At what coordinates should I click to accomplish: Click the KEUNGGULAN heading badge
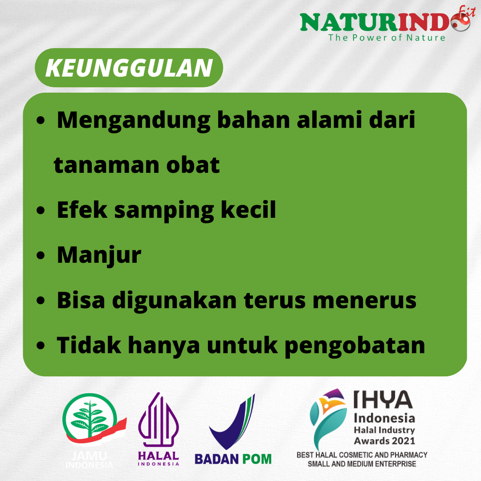click(x=129, y=68)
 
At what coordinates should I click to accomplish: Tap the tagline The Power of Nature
click(x=387, y=38)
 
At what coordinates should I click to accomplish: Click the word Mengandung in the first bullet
click(x=134, y=121)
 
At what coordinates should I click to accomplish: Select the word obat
click(x=193, y=165)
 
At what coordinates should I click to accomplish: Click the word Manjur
click(x=99, y=256)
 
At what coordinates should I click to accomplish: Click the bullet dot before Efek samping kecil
click(x=41, y=210)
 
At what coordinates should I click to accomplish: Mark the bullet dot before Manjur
click(x=41, y=255)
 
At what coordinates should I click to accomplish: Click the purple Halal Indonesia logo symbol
click(x=158, y=419)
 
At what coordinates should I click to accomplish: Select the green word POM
click(x=257, y=459)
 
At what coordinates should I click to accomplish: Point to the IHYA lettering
click(x=383, y=399)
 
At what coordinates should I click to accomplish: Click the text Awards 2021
click(x=384, y=441)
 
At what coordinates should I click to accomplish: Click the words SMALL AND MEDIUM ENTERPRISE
click(x=362, y=464)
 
